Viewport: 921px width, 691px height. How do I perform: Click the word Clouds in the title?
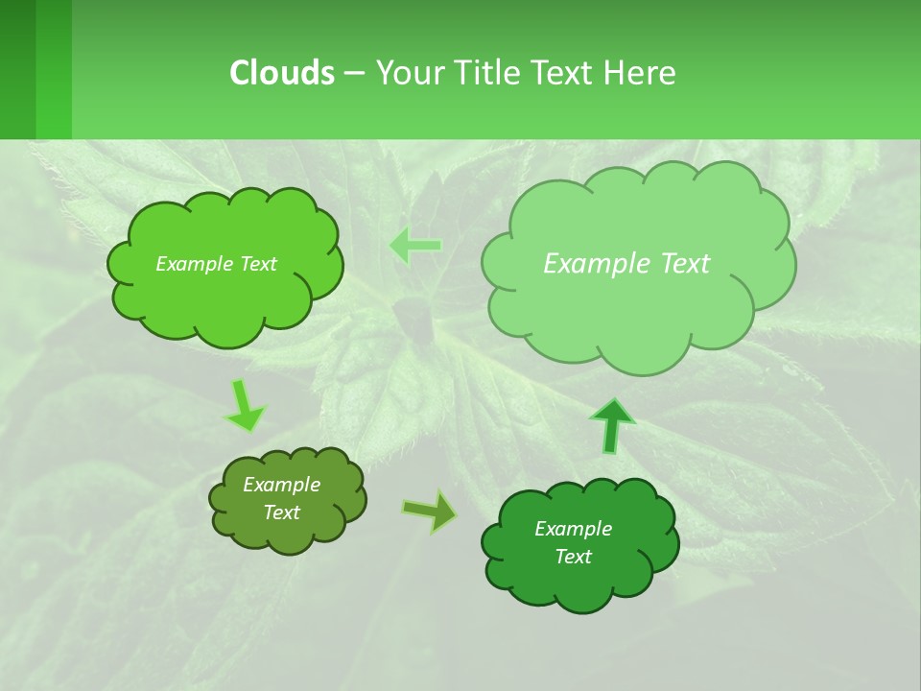point(282,72)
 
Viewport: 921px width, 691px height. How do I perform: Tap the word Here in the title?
point(639,72)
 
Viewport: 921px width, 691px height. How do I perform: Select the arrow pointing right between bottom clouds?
point(430,511)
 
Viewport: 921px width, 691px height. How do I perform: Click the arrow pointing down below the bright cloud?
point(244,406)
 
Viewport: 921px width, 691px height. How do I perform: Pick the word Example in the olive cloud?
point(282,485)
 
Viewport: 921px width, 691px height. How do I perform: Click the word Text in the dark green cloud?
point(573,557)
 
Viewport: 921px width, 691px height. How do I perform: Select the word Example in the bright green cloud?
point(192,264)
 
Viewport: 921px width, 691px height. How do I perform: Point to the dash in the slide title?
point(354,72)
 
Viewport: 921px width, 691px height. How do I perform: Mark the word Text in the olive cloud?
point(282,512)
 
